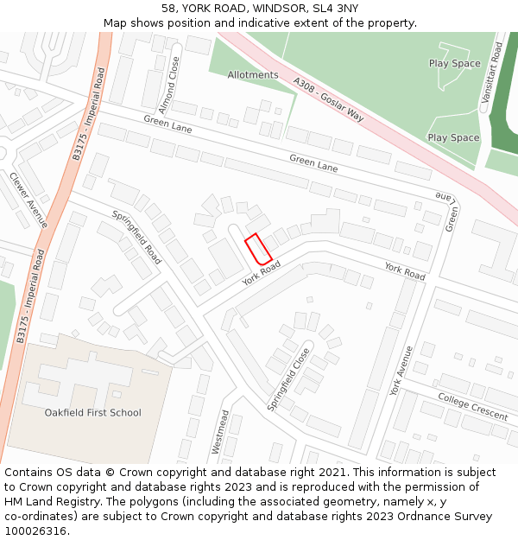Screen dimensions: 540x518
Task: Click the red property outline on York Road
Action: (258, 249)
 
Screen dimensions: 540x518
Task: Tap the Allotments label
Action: (253, 75)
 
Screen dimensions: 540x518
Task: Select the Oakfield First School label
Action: (92, 413)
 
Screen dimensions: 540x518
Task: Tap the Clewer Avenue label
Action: (28, 199)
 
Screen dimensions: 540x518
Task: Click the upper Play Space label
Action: (454, 63)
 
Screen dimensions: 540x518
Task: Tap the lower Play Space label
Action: (453, 137)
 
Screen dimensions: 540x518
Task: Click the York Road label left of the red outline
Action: (262, 276)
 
